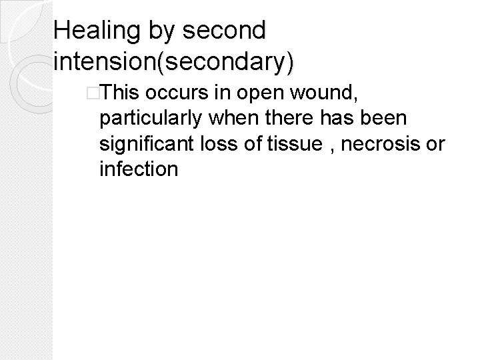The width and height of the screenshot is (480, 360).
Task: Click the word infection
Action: click(138, 169)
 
